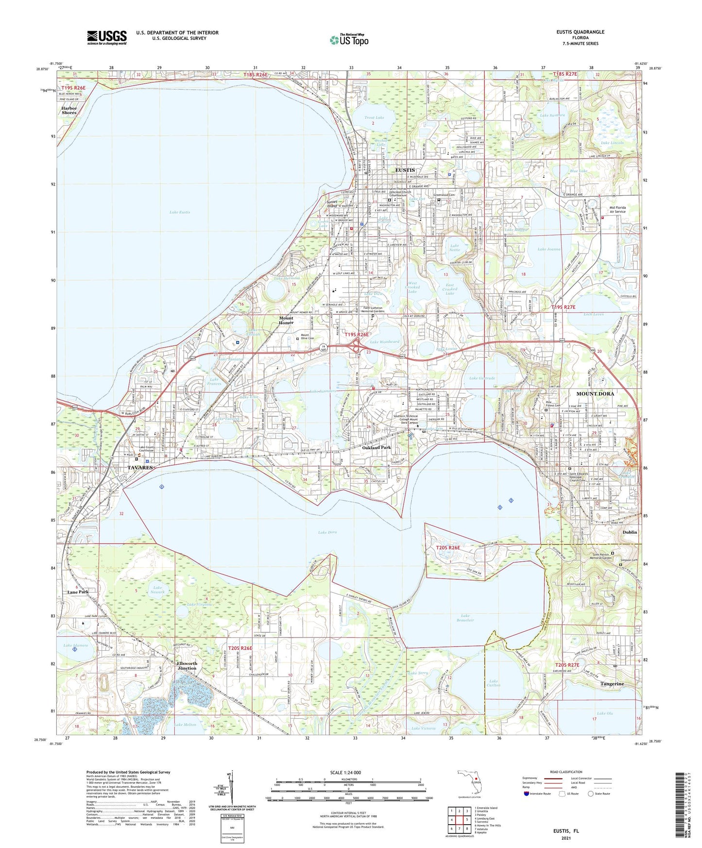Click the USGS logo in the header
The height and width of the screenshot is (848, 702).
pyautogui.click(x=106, y=37)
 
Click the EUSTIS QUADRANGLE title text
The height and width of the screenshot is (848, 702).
pyautogui.click(x=581, y=32)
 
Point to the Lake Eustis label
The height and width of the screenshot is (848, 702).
pyautogui.click(x=180, y=212)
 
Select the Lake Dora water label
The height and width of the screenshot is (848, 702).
pyautogui.click(x=327, y=532)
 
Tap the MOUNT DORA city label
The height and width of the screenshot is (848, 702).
pyautogui.click(x=595, y=393)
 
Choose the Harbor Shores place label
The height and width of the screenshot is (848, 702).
pyautogui.click(x=69, y=110)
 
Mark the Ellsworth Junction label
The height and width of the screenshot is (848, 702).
pyautogui.click(x=187, y=665)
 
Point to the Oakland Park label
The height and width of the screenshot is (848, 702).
pyautogui.click(x=377, y=447)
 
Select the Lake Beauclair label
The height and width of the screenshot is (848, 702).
pyautogui.click(x=465, y=618)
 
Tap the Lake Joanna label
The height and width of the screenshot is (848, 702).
pyautogui.click(x=548, y=249)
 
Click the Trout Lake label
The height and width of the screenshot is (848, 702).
pyautogui.click(x=374, y=118)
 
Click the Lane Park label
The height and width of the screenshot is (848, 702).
pyautogui.click(x=78, y=592)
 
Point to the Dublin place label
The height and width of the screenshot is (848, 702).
pyautogui.click(x=630, y=532)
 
